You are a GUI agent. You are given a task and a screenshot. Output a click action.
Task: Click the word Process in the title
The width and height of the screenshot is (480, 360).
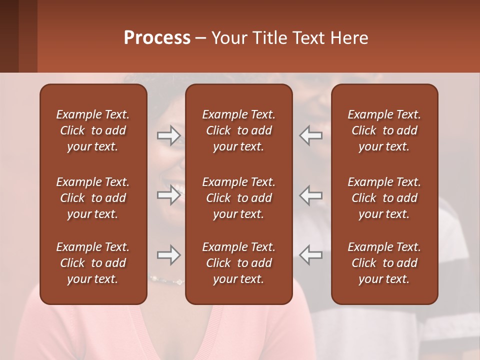click(x=157, y=38)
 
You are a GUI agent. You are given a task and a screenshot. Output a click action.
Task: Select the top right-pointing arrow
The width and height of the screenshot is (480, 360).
click(x=169, y=135)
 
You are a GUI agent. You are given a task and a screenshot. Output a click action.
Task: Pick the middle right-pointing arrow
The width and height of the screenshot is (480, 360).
click(x=169, y=194)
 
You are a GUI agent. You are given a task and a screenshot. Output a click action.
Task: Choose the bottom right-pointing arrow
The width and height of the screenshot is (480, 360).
click(x=169, y=255)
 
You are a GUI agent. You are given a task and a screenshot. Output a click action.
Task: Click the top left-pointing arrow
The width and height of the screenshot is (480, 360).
click(x=311, y=135)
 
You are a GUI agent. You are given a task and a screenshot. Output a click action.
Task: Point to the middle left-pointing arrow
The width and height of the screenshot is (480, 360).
click(x=311, y=194)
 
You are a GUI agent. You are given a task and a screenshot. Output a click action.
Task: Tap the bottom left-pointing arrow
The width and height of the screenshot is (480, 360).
click(x=311, y=255)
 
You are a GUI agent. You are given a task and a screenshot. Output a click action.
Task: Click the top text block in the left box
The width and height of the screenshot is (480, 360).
click(x=93, y=130)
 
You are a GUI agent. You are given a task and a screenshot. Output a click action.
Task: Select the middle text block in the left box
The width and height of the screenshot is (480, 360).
click(x=93, y=198)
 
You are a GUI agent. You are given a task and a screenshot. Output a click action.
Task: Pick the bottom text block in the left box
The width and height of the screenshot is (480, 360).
click(x=93, y=263)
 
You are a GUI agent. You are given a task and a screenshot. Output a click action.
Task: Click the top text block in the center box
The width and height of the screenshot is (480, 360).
click(x=238, y=130)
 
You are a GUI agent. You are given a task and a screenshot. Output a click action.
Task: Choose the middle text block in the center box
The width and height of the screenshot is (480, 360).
click(x=238, y=198)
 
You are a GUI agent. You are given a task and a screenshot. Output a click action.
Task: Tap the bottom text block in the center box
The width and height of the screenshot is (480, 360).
click(x=238, y=263)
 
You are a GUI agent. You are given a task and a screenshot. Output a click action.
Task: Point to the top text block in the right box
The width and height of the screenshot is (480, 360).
click(x=384, y=130)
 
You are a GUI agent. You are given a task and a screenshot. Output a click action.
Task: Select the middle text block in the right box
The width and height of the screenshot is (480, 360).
click(x=384, y=198)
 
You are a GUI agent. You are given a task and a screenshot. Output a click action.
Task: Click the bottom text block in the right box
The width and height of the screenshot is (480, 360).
click(x=384, y=263)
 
